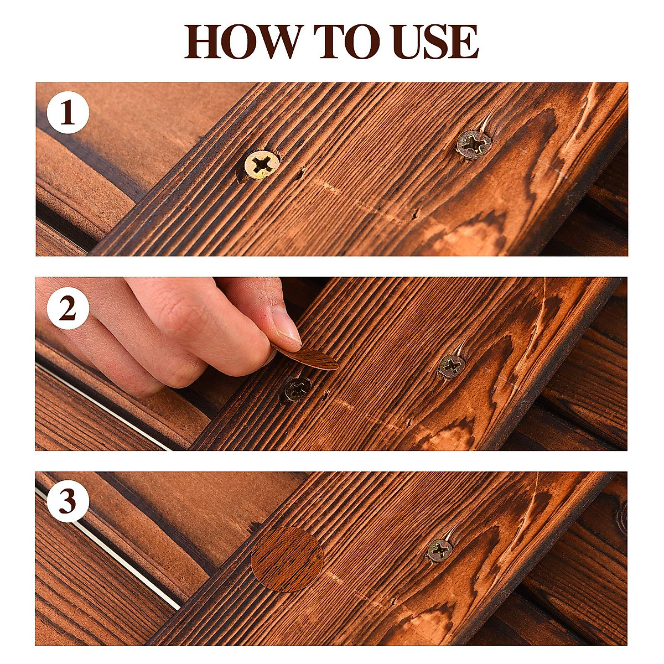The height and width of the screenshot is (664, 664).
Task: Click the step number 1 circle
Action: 68,113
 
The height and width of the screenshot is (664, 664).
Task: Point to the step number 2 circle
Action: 68,309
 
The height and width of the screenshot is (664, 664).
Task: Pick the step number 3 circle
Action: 68,502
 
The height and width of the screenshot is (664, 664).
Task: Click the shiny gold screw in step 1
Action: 261,164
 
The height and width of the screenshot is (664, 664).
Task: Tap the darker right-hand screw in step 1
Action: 474,144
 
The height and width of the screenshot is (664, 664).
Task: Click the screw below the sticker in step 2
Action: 297,389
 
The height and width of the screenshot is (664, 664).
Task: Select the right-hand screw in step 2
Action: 452,366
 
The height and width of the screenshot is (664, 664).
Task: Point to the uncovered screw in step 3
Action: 440,550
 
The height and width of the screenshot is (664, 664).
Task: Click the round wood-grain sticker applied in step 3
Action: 287,559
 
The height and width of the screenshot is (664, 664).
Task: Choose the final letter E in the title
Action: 464,41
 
